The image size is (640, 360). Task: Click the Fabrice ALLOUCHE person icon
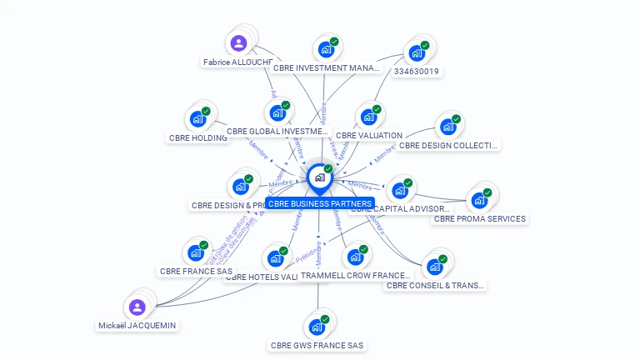[x=238, y=43]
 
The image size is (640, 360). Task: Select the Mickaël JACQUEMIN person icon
[x=137, y=307]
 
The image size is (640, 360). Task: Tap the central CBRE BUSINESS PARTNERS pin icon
[x=319, y=177]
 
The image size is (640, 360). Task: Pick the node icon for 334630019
[x=416, y=54]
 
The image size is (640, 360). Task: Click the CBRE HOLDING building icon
[x=197, y=119]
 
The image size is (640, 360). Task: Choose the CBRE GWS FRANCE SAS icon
[x=317, y=327]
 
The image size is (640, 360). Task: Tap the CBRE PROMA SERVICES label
[x=480, y=219]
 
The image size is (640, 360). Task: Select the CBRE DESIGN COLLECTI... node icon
[x=447, y=127]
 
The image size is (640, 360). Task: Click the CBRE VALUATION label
[x=369, y=135]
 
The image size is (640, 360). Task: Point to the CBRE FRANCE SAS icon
[x=195, y=252]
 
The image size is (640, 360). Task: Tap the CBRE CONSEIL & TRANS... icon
[x=434, y=267]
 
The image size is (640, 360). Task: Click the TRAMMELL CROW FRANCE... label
[x=356, y=275]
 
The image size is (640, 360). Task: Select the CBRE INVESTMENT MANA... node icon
[x=326, y=50]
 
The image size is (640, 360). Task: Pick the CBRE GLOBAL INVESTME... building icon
[x=277, y=113]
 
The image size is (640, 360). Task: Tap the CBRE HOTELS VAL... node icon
[x=275, y=258]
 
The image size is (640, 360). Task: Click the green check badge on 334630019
[x=425, y=45]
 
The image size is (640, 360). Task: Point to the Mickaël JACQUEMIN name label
[x=137, y=325]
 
